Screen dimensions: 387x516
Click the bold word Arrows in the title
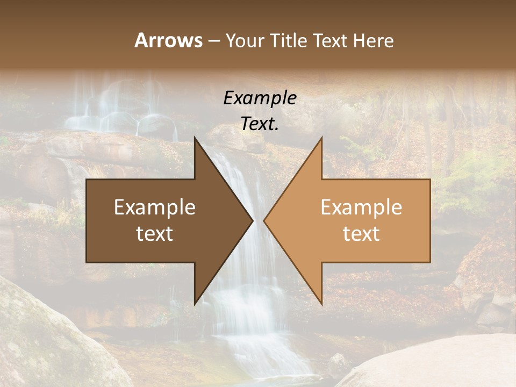coord(168,40)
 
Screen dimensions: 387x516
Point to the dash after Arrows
coord(214,41)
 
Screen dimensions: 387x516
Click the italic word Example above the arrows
coord(260,98)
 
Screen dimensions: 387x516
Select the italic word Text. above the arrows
coord(260,124)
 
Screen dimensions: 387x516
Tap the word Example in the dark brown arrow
coord(155,207)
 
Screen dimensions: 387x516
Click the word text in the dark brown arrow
coord(155,234)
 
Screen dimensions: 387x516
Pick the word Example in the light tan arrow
coord(361,207)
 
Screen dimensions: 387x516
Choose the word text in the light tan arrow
coord(361,234)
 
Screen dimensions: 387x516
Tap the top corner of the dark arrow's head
coord(195,138)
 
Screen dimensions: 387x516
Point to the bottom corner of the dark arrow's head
coord(195,304)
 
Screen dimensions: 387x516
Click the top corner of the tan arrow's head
coord(321,138)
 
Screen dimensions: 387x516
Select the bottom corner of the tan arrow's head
coord(321,304)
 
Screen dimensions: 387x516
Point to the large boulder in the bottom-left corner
coord(48,339)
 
